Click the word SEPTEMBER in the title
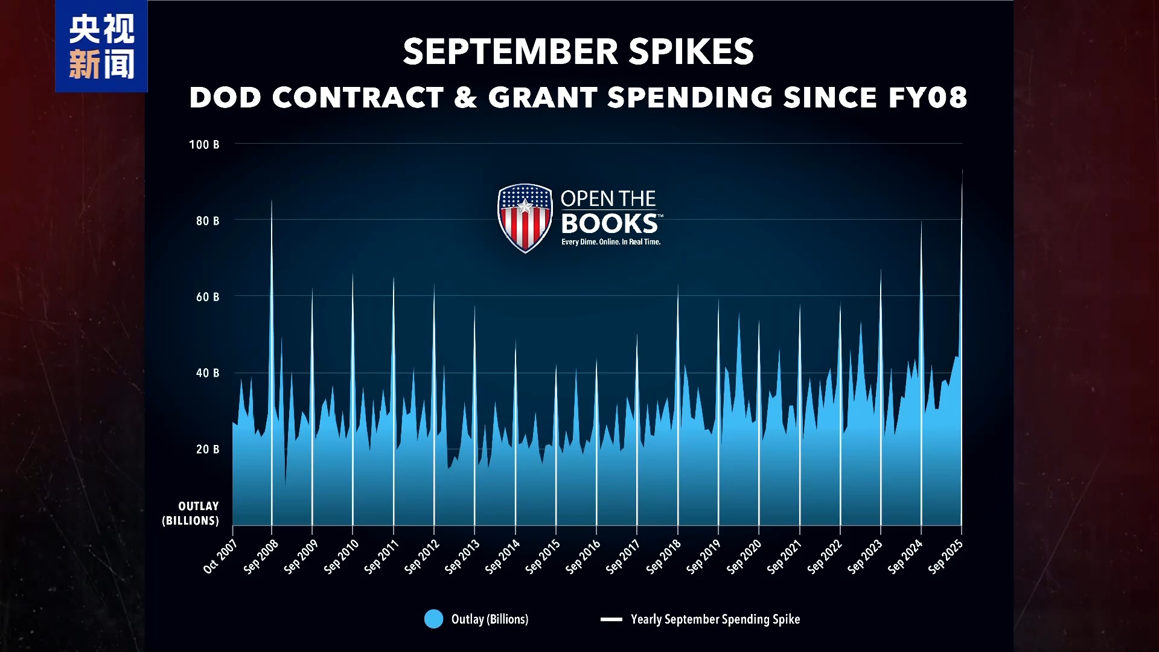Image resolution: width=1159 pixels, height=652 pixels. tap(510, 51)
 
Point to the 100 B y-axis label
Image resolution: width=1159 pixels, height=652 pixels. tap(204, 145)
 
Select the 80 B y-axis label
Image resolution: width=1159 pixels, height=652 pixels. tap(208, 221)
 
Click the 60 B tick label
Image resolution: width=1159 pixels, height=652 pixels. tap(208, 297)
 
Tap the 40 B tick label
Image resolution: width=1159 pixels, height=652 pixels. tap(208, 373)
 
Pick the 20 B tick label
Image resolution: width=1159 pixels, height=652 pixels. tap(208, 449)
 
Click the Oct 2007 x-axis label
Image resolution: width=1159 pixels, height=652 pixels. tap(220, 557)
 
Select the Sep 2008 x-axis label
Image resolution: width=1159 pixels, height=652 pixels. tap(261, 557)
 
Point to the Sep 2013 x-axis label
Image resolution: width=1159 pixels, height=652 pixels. tap(462, 557)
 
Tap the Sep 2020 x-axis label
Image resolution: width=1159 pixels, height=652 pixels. tap(744, 557)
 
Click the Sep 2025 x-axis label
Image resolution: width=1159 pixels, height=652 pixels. tap(946, 557)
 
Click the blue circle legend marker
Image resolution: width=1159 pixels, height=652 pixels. tap(433, 619)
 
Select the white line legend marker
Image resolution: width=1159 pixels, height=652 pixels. tap(611, 619)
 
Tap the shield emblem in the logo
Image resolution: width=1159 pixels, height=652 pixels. tap(525, 218)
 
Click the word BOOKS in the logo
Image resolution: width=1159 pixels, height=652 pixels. tap(609, 224)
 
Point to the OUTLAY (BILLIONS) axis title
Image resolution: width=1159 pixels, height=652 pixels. tap(191, 513)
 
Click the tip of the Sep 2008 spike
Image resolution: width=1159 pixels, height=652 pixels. tap(272, 200)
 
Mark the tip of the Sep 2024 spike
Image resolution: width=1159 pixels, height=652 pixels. tap(921, 222)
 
